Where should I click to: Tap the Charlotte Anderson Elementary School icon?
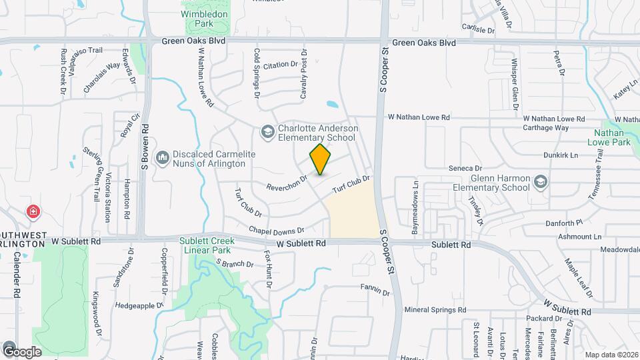(x=268, y=132)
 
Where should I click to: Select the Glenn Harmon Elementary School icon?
(x=540, y=182)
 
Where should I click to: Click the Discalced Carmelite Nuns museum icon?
(x=162, y=158)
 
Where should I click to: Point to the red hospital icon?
(x=32, y=212)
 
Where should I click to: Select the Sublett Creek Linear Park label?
(x=220, y=245)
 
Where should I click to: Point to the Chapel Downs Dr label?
(x=276, y=229)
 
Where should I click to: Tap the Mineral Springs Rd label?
(x=435, y=310)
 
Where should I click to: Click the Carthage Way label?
(x=545, y=127)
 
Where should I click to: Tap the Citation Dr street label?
(x=280, y=65)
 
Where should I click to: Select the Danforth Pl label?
(x=564, y=223)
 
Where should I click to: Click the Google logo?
(x=22, y=351)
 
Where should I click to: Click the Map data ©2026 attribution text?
(x=609, y=355)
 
